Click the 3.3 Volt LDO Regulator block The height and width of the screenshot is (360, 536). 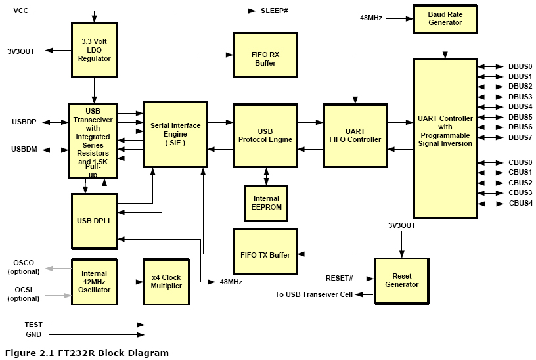[96, 50]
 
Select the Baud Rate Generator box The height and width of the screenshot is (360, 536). [445, 18]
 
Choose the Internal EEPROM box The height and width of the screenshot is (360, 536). [265, 202]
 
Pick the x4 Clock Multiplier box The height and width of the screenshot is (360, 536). [166, 281]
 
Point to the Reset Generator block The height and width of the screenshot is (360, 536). [401, 280]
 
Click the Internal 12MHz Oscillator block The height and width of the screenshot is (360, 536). [94, 282]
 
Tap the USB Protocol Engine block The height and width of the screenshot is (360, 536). [265, 135]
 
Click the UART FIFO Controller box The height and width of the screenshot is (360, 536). [354, 135]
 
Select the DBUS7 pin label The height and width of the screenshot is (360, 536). [520, 137]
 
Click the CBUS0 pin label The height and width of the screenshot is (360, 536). [520, 162]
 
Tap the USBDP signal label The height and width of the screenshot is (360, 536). [24, 122]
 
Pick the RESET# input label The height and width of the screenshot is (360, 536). [340, 278]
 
